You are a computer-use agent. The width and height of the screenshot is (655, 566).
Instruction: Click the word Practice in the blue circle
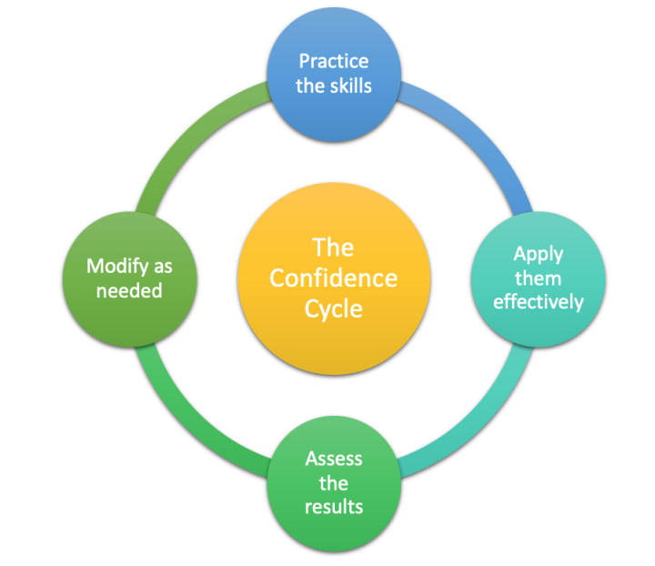333,62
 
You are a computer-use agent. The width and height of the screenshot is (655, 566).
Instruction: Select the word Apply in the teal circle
537,254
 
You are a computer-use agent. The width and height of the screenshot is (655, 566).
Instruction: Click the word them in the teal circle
537,278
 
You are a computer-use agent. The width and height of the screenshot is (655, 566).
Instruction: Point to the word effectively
538,301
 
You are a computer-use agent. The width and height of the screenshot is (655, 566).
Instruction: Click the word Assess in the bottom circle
333,457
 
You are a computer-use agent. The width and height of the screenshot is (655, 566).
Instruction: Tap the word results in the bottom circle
333,504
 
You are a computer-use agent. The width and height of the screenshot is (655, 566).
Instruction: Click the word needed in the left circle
128,290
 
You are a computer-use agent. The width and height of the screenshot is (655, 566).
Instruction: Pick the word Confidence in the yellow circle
333,278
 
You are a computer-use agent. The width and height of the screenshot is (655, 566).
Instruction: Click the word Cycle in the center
333,308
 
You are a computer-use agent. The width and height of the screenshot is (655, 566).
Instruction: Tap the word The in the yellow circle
333,248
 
